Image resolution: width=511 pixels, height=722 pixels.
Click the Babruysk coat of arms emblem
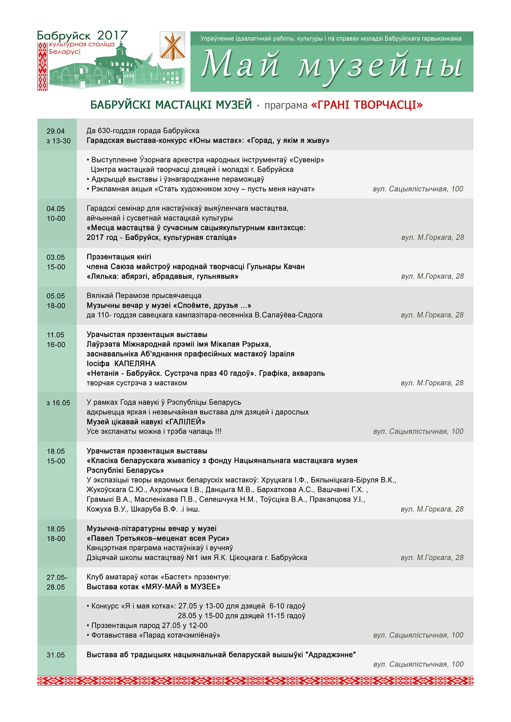(172, 46)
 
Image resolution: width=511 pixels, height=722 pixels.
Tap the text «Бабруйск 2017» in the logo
(82, 36)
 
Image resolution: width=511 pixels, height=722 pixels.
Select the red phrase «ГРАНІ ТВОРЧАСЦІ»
(367, 105)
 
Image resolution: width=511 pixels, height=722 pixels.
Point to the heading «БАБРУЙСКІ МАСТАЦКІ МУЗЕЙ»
(171, 105)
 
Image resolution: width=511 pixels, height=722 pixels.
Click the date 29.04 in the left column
(56, 131)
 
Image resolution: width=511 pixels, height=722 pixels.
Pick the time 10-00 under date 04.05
(56, 219)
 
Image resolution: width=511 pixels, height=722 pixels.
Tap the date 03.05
(56, 257)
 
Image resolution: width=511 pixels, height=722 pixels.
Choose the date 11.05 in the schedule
(56, 335)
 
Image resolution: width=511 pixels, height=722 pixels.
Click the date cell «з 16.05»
(58, 403)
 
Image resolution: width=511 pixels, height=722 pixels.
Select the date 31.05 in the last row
(56, 655)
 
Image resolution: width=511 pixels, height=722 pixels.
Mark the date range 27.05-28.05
(56, 582)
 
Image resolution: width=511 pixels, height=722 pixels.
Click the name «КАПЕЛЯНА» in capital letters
(135, 364)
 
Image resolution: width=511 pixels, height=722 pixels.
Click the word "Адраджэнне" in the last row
(330, 655)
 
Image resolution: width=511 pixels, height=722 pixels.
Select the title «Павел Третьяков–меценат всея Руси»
(158, 539)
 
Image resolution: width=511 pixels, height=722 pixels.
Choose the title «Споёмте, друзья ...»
(212, 305)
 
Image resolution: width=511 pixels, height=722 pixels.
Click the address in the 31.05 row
(418, 664)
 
